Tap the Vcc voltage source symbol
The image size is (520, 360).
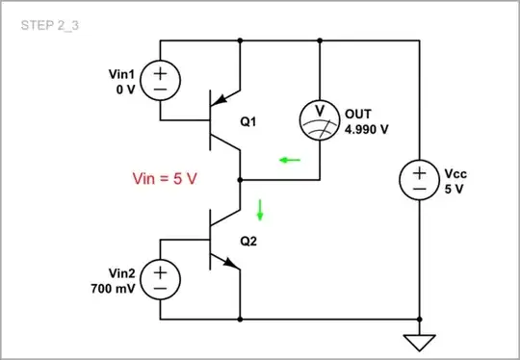[x=420, y=180]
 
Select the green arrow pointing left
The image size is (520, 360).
[x=289, y=160]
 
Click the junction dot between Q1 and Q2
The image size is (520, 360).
[x=239, y=180]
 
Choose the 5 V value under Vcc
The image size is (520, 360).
[x=455, y=189]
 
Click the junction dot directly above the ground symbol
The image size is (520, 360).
[x=420, y=319]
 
